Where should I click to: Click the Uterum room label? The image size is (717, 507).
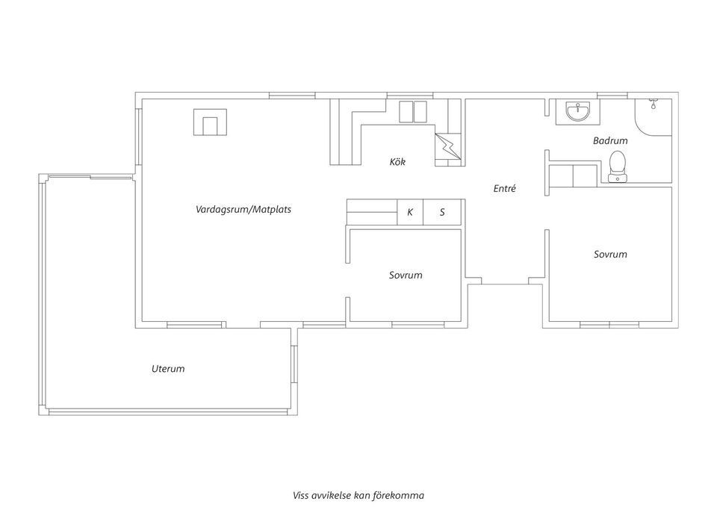(168, 368)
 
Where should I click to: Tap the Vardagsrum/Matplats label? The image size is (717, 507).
(243, 209)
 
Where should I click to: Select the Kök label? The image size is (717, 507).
(397, 161)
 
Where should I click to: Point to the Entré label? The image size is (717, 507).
(505, 188)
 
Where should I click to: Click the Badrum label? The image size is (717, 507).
(610, 140)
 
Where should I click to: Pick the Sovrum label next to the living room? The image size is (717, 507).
(406, 275)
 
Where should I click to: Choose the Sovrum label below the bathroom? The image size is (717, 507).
(610, 254)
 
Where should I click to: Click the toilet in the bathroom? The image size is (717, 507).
(618, 166)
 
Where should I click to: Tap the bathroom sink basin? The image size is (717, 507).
(578, 111)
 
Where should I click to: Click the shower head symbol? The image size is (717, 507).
(654, 103)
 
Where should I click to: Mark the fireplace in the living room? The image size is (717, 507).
(210, 122)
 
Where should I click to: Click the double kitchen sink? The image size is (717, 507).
(413, 112)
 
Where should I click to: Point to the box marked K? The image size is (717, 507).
(410, 212)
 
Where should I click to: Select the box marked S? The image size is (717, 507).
(442, 212)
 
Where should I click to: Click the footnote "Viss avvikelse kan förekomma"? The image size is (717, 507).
(358, 495)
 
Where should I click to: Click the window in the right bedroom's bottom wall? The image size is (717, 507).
(609, 325)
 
